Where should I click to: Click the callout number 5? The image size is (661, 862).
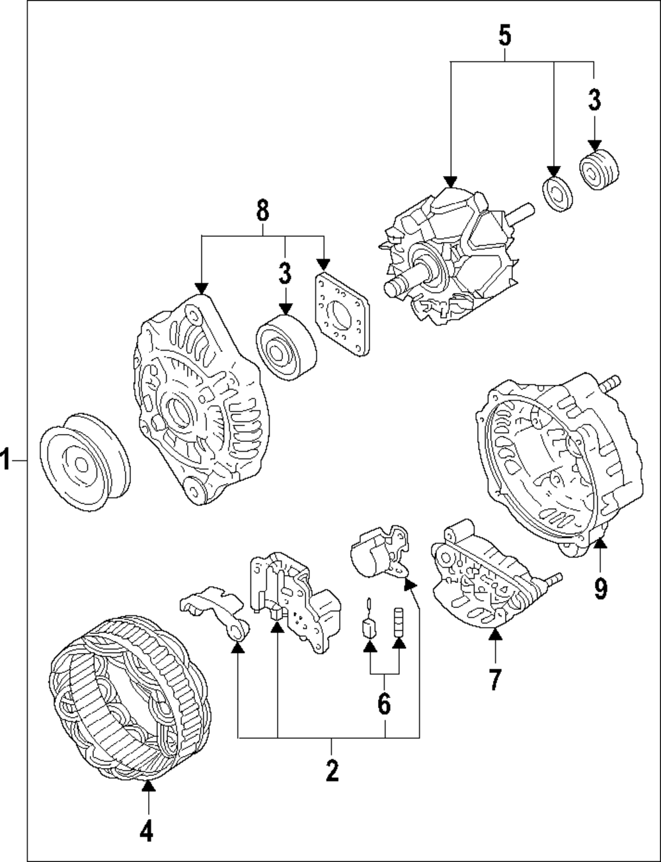click(505, 36)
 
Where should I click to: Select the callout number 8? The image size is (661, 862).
click(262, 210)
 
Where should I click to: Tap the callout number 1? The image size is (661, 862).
click(5, 460)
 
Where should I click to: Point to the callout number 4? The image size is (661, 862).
click(147, 829)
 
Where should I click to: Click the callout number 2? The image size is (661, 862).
click(332, 771)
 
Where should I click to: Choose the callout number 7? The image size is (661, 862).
click(495, 679)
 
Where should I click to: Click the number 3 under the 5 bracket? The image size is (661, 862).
click(594, 100)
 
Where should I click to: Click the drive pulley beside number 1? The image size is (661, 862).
click(85, 462)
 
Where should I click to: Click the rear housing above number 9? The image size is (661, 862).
click(559, 464)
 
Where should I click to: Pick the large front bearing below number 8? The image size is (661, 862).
click(286, 348)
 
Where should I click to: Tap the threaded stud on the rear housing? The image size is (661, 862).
click(611, 383)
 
